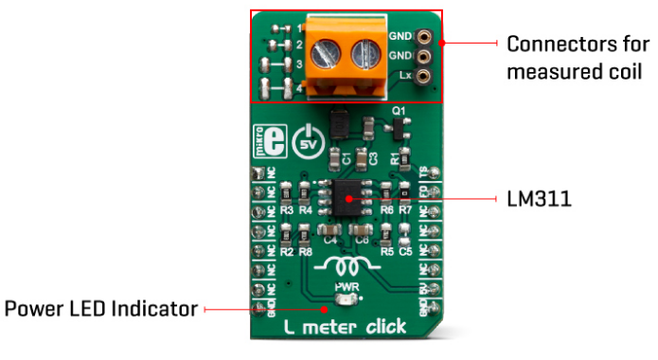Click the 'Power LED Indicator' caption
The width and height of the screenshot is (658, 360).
tap(101, 309)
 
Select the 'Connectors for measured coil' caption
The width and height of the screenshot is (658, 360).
tap(578, 58)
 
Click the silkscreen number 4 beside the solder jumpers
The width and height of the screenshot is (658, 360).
tap(299, 89)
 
